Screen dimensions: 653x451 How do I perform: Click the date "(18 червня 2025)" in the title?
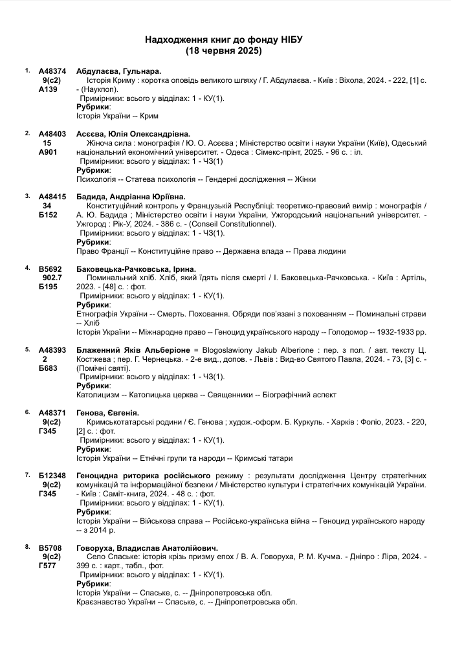(x=224, y=50)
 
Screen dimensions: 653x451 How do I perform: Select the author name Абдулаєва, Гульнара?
(x=118, y=71)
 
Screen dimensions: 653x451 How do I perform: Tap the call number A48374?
(x=52, y=71)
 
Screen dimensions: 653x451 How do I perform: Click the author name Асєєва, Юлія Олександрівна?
(x=133, y=133)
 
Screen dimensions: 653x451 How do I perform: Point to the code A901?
(x=49, y=152)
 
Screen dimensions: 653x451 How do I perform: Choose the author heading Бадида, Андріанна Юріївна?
(x=131, y=196)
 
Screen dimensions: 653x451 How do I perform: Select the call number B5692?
(x=51, y=269)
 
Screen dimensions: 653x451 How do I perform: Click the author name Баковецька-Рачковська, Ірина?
(x=136, y=269)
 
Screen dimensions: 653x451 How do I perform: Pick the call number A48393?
(x=52, y=349)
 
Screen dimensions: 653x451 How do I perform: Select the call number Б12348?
(x=52, y=475)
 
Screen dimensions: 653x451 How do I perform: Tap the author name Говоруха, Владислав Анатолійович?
(x=147, y=547)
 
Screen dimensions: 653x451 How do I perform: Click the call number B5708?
(x=51, y=547)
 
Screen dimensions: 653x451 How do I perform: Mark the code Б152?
(x=49, y=214)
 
